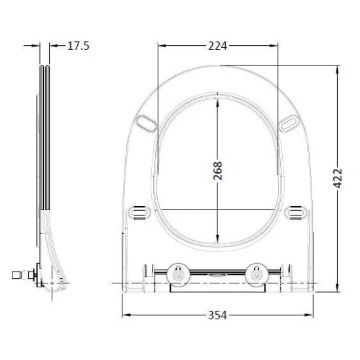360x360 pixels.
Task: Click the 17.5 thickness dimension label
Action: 79,46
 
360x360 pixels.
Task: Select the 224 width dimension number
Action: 218,46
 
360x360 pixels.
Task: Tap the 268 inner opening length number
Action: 218,171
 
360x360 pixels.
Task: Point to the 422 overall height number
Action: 338,178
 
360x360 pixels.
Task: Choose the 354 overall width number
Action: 217,315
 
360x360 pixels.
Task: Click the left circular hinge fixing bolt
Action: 179,273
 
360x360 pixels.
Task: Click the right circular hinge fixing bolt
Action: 256,273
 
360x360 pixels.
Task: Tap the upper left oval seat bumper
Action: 146,123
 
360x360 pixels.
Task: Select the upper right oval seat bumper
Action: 289,123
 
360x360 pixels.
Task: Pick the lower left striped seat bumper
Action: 139,212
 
